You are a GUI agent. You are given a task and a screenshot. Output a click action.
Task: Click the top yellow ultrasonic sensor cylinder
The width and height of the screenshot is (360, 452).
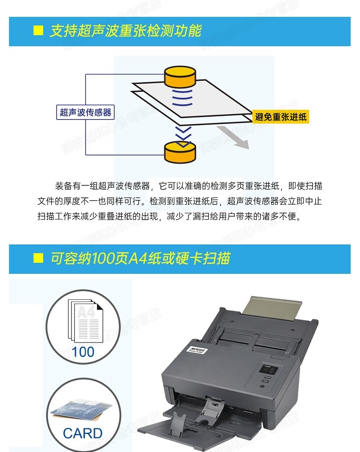180,76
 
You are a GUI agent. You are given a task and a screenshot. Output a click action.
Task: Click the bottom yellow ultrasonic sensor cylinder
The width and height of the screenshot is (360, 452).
180,152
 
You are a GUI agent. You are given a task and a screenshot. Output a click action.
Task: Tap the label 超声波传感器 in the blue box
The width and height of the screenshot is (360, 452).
85,112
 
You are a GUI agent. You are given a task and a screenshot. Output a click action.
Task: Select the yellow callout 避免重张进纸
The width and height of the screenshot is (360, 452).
281,117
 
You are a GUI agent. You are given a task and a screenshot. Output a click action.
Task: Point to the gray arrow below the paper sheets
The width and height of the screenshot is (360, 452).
233,137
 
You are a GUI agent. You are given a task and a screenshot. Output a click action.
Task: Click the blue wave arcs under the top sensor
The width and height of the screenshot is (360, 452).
182,98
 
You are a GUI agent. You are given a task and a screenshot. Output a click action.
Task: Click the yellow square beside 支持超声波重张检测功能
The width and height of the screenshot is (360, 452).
38,30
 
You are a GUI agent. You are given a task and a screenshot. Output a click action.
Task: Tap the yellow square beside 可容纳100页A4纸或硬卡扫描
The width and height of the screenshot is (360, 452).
38,258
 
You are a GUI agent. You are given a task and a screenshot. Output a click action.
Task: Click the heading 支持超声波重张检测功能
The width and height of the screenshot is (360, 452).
126,31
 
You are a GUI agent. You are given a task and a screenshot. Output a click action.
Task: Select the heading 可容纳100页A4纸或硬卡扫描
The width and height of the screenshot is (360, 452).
140,258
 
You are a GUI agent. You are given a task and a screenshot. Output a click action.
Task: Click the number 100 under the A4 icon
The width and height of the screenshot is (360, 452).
83,352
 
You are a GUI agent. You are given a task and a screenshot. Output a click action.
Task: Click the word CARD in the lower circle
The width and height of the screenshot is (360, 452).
83,433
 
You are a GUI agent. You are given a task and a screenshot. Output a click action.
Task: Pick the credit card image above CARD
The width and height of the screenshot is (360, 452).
82,411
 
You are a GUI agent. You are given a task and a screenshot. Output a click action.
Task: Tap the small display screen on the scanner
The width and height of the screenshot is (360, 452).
269,370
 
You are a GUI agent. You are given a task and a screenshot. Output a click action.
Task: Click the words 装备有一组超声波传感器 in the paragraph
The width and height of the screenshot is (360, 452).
103,186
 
